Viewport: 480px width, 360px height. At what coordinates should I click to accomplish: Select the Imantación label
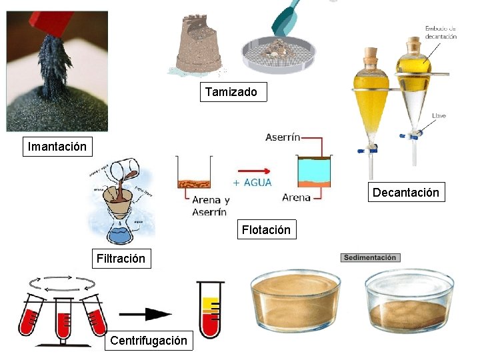point(57,146)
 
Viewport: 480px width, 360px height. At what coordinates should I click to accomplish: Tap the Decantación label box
point(405,193)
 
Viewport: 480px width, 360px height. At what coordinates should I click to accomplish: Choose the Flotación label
point(266,230)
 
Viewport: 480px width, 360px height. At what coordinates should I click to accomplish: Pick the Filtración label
point(121,259)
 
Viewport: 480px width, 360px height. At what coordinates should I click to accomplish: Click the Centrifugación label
point(149,341)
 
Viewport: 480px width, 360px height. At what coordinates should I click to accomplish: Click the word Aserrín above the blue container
point(283,137)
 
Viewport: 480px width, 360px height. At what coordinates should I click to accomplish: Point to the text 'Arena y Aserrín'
point(210,205)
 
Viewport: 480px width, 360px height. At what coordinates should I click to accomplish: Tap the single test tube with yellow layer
point(210,309)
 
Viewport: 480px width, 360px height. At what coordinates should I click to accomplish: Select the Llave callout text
point(439,115)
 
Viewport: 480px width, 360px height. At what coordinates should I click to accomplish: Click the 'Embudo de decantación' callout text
point(441,33)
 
